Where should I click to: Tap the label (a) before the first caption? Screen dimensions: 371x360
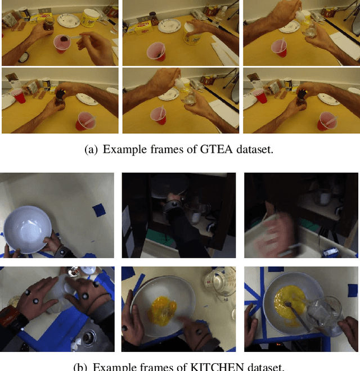coord(89,149)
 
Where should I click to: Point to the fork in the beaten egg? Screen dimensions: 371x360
coord(296,311)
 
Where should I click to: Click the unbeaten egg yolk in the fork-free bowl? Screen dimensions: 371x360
coord(161,309)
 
